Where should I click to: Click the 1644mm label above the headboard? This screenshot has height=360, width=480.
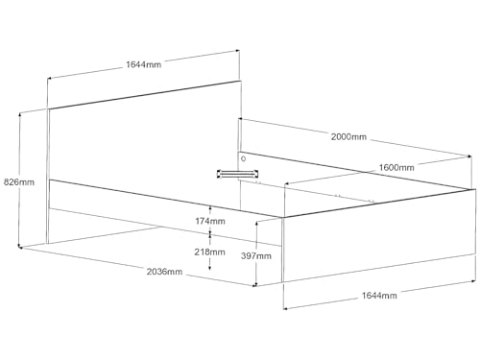[x=144, y=64]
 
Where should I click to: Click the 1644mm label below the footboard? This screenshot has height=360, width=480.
[x=379, y=296]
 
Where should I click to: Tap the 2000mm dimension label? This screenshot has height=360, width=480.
[x=348, y=137]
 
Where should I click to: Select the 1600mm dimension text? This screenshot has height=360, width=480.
[x=396, y=167]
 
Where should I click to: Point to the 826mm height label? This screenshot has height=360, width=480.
[x=19, y=182]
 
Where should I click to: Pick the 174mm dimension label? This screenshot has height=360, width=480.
[x=210, y=221]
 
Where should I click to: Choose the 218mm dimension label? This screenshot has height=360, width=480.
[x=209, y=252]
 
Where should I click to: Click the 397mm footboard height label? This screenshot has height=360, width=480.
[x=256, y=255]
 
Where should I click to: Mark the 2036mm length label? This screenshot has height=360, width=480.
[x=164, y=272]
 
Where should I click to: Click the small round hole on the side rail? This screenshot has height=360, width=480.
[x=244, y=158]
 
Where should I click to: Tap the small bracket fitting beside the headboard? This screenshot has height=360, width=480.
[x=237, y=174]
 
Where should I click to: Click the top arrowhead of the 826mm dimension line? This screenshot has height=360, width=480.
[x=20, y=114]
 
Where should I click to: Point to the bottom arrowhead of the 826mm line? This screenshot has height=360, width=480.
[x=20, y=246]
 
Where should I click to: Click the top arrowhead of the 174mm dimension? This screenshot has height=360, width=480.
[x=210, y=208]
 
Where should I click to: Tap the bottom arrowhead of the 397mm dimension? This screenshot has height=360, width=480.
[x=256, y=284]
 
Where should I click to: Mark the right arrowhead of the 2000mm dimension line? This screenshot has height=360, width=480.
[x=469, y=156]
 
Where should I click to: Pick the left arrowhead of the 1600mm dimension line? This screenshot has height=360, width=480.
[x=287, y=184]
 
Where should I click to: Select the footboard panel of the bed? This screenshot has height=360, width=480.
[x=378, y=235]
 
